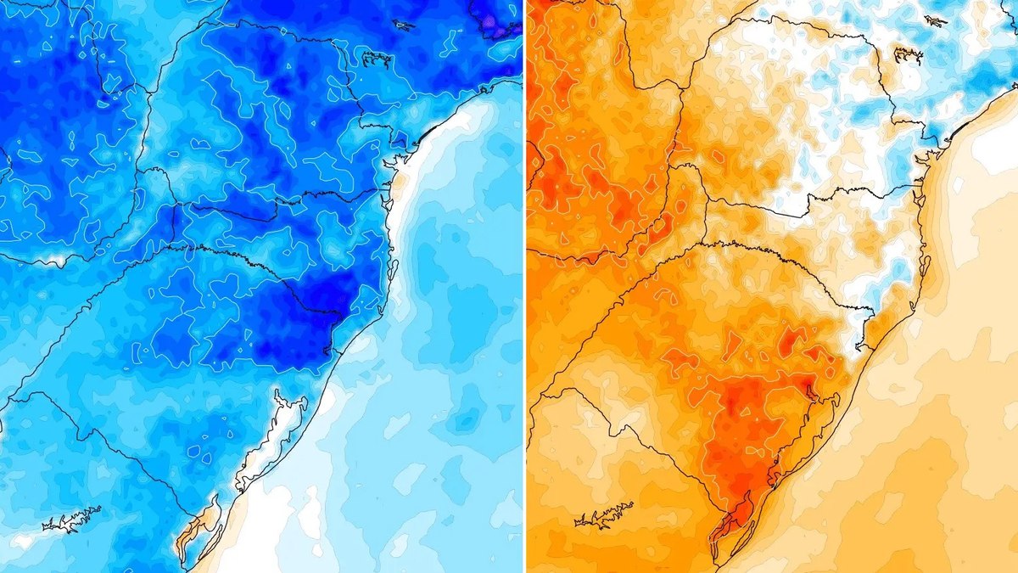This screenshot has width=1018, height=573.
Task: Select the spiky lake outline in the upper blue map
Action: tap(374, 58)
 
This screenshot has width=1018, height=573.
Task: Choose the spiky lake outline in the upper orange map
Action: tap(907, 56)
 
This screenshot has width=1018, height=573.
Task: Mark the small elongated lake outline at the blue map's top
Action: tap(404, 25)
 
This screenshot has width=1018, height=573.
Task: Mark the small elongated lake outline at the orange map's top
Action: tap(936, 20)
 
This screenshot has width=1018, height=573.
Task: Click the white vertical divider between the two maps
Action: tap(524, 286)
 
